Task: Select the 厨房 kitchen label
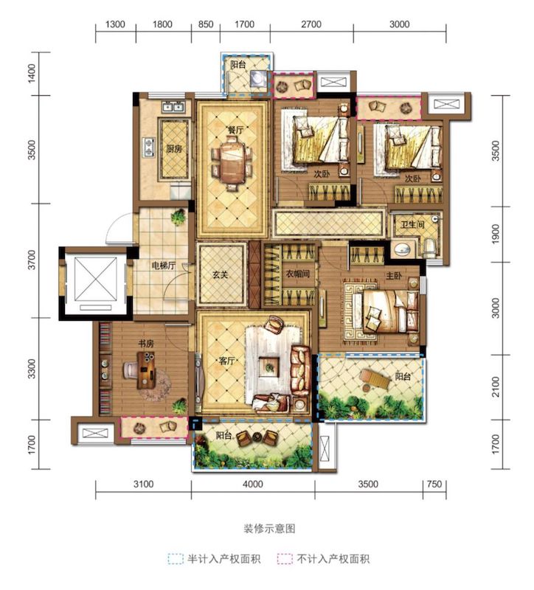174,149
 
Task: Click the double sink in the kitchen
173,107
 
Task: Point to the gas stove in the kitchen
149,147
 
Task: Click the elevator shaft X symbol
96,279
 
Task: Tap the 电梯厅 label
163,265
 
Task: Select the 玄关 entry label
220,275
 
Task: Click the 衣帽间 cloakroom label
297,274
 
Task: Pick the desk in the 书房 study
146,370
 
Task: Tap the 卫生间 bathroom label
412,225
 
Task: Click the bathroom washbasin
402,249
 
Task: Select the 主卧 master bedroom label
394,276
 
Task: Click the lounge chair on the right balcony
374,379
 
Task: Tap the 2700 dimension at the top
311,24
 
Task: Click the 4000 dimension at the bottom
252,484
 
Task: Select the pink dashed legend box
285,559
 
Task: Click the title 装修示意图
269,529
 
